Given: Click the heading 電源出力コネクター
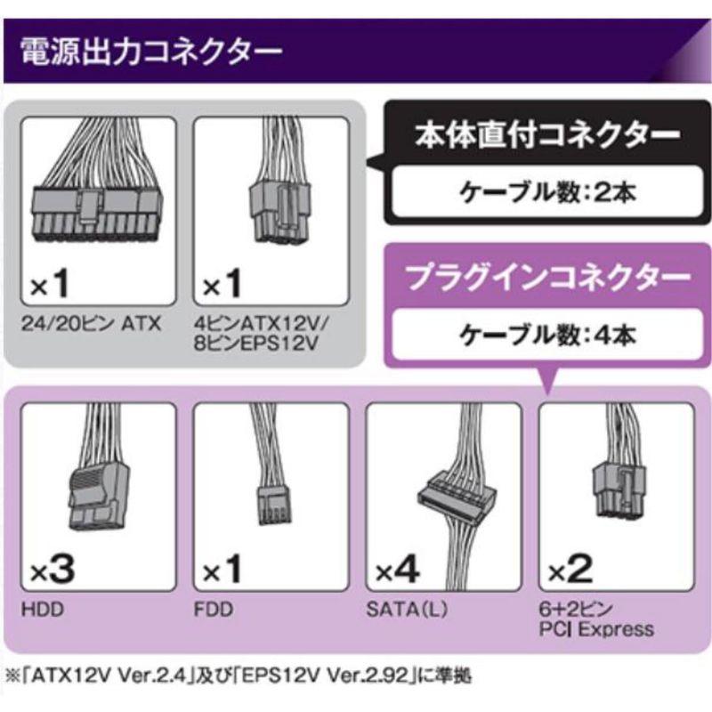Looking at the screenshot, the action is point(150,52).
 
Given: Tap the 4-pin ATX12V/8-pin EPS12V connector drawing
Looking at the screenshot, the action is point(279,182).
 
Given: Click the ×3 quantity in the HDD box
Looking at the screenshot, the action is point(53,570).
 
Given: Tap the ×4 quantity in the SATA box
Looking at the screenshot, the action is point(397,570).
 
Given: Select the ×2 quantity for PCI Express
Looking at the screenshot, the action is point(570,570).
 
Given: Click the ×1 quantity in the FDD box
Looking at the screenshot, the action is point(222,570).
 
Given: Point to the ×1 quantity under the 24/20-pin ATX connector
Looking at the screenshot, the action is point(50,284).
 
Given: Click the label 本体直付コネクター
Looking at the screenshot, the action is point(547,135).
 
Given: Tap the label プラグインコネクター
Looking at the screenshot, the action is point(547,278).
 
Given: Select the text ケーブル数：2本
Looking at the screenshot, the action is point(547,192).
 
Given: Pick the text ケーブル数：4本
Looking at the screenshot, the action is point(547,336).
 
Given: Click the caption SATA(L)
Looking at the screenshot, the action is point(407,610).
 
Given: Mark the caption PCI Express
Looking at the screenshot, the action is point(596,629).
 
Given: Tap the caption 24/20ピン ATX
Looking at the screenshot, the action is point(91,324).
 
